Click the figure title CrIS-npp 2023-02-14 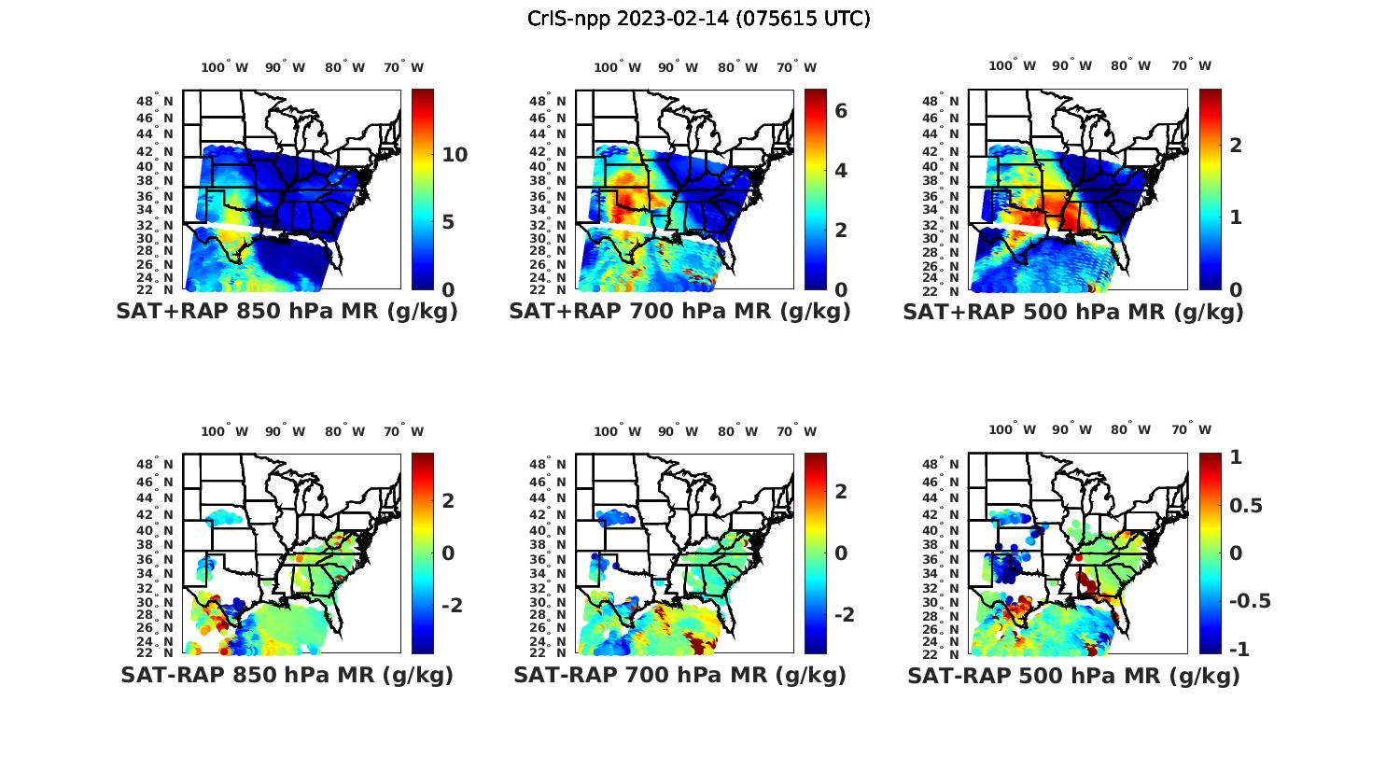click(x=698, y=19)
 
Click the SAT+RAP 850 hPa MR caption click(x=287, y=312)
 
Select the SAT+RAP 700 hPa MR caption click(x=679, y=312)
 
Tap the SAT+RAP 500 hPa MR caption click(x=1073, y=312)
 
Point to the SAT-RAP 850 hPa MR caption click(x=287, y=675)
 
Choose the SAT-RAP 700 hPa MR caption click(x=679, y=675)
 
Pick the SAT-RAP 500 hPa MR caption click(x=1073, y=675)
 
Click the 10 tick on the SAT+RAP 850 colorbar click(x=455, y=155)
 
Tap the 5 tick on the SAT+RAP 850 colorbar click(x=448, y=222)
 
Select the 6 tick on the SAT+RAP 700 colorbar click(x=841, y=111)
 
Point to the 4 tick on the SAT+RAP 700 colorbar click(x=841, y=171)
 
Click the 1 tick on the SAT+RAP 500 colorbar click(x=1236, y=217)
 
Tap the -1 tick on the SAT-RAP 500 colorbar click(x=1239, y=649)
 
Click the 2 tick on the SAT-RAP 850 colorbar click(x=448, y=500)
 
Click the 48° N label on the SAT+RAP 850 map click(x=155, y=101)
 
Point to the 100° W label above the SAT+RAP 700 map click(x=617, y=67)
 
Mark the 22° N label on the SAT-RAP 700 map click(x=548, y=652)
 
